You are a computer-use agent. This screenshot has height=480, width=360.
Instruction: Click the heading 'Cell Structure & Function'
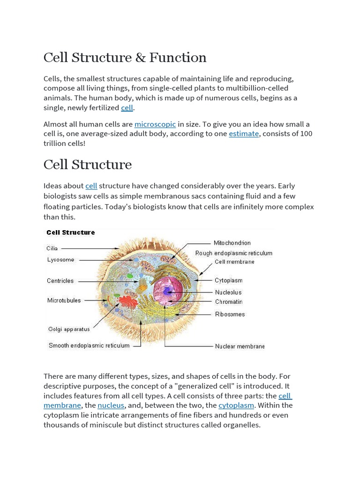(x=125, y=58)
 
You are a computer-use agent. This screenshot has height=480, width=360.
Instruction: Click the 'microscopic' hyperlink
(x=155, y=124)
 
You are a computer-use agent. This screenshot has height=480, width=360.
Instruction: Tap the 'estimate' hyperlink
(x=244, y=134)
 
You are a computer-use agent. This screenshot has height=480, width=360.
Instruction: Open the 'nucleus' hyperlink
(x=111, y=405)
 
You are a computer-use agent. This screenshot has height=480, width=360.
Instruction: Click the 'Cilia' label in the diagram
(x=52, y=248)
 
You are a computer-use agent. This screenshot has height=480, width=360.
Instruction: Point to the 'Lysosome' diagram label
(x=60, y=260)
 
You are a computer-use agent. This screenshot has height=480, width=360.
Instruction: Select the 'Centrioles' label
(x=60, y=281)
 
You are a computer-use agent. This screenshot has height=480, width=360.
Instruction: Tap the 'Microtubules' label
(x=64, y=300)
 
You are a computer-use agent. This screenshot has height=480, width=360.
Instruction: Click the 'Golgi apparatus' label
(x=69, y=329)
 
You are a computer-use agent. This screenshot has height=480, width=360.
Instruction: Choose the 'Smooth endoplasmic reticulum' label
(x=89, y=345)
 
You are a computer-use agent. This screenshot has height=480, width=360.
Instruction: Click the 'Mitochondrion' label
(x=232, y=243)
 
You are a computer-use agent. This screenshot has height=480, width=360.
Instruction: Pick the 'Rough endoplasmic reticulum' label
(x=233, y=253)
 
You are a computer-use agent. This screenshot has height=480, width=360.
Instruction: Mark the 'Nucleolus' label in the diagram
(x=228, y=292)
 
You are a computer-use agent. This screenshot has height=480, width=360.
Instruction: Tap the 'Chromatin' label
(x=229, y=302)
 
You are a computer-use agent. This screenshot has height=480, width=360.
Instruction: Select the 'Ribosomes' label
(x=230, y=314)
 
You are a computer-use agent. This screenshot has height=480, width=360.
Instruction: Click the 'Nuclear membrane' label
(x=240, y=346)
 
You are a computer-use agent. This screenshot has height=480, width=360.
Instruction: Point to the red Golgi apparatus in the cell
(x=128, y=302)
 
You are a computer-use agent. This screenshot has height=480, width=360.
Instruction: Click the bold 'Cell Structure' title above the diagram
(x=70, y=232)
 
